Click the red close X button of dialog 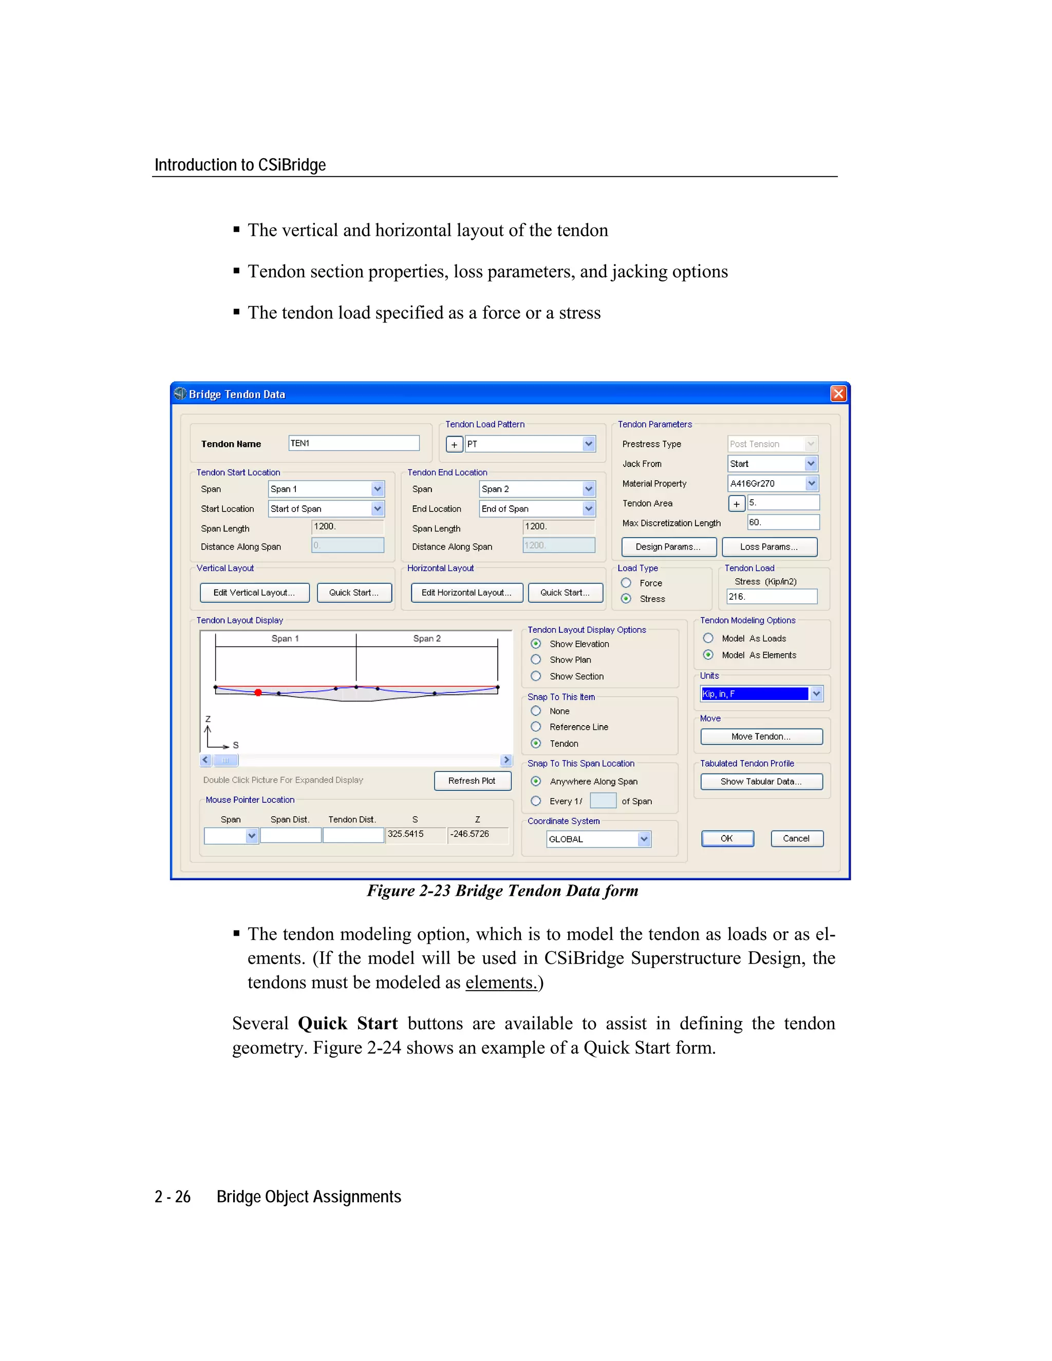838,394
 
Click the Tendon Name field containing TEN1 353,443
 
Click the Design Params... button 668,546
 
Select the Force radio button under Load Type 626,583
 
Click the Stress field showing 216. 772,596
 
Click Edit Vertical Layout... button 254,592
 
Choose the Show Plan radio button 536,659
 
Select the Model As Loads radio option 708,638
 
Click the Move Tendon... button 761,736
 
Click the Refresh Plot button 472,780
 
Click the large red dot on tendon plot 258,692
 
